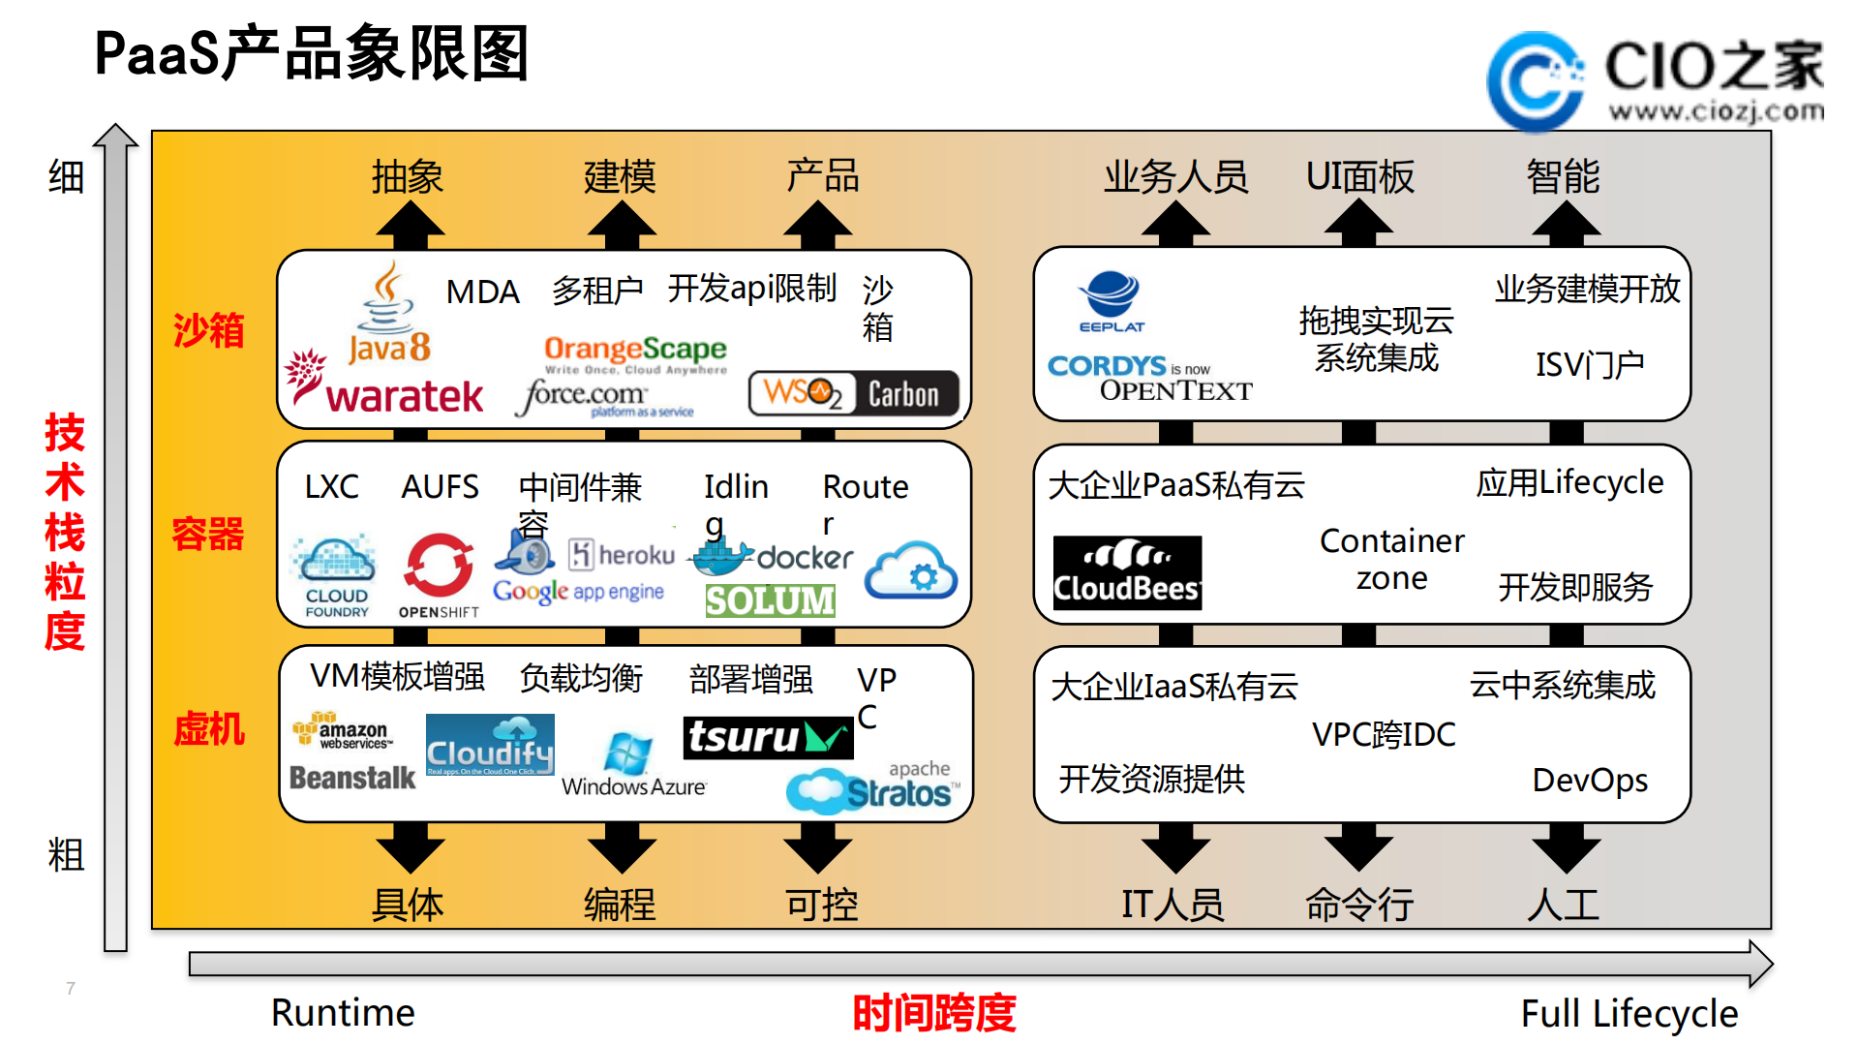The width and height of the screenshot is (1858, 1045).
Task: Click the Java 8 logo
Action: point(388,315)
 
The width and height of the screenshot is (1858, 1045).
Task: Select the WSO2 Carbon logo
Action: point(853,393)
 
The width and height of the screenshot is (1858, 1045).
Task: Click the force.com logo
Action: point(602,397)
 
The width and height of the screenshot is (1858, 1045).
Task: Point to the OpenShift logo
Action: point(439,576)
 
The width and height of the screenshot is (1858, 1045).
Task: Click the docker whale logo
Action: point(771,557)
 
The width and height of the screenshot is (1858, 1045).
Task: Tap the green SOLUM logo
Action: point(770,600)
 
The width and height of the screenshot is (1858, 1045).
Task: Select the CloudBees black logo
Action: point(1127,572)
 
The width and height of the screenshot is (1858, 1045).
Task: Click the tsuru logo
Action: point(767,738)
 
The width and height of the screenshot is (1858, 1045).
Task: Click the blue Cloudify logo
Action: point(490,745)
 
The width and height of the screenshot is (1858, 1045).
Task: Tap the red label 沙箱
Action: point(208,331)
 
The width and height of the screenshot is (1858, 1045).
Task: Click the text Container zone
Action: point(1391,559)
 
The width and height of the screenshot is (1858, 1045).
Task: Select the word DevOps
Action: point(1589,780)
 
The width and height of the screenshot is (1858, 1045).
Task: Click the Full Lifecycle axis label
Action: point(1629,1013)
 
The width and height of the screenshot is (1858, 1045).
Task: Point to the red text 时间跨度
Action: point(933,1013)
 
